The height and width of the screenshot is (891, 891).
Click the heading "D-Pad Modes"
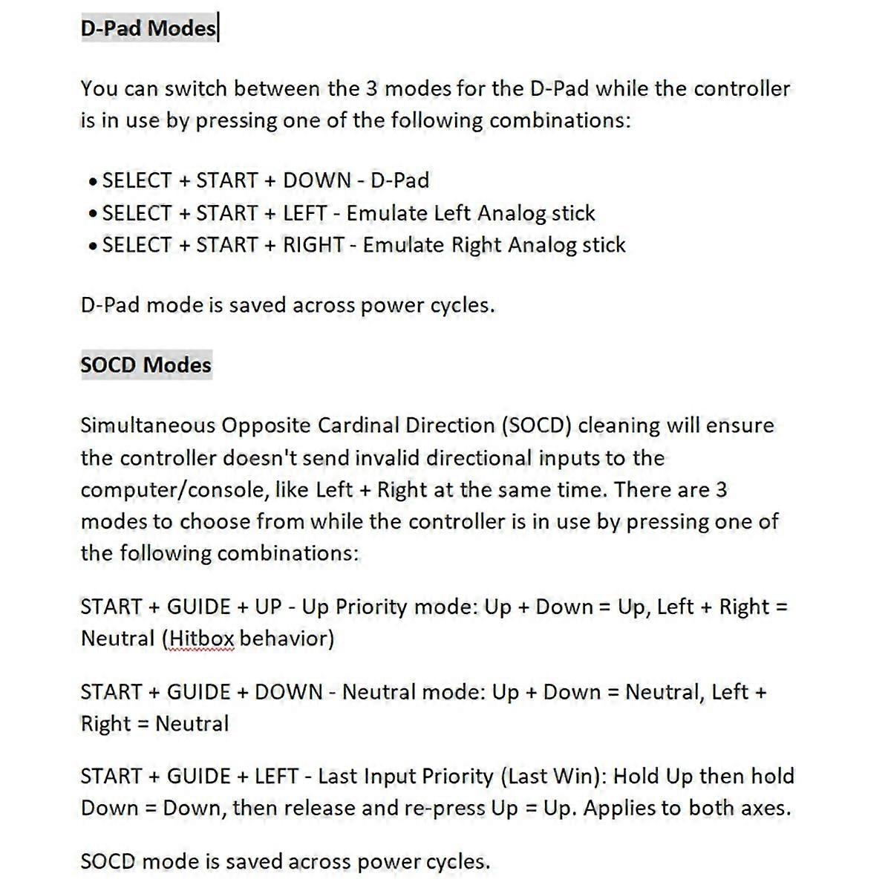click(x=148, y=28)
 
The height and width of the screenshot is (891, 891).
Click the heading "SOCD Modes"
click(x=146, y=365)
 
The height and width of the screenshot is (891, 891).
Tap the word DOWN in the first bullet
click(x=317, y=180)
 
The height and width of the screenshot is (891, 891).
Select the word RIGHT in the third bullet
click(x=313, y=245)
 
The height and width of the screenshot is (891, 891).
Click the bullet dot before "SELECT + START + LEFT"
click(x=92, y=215)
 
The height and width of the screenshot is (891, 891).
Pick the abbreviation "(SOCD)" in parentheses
click(x=535, y=425)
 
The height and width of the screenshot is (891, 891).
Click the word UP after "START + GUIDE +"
click(x=268, y=607)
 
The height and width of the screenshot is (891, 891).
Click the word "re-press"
click(x=447, y=808)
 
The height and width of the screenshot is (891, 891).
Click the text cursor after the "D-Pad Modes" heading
click(x=218, y=28)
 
